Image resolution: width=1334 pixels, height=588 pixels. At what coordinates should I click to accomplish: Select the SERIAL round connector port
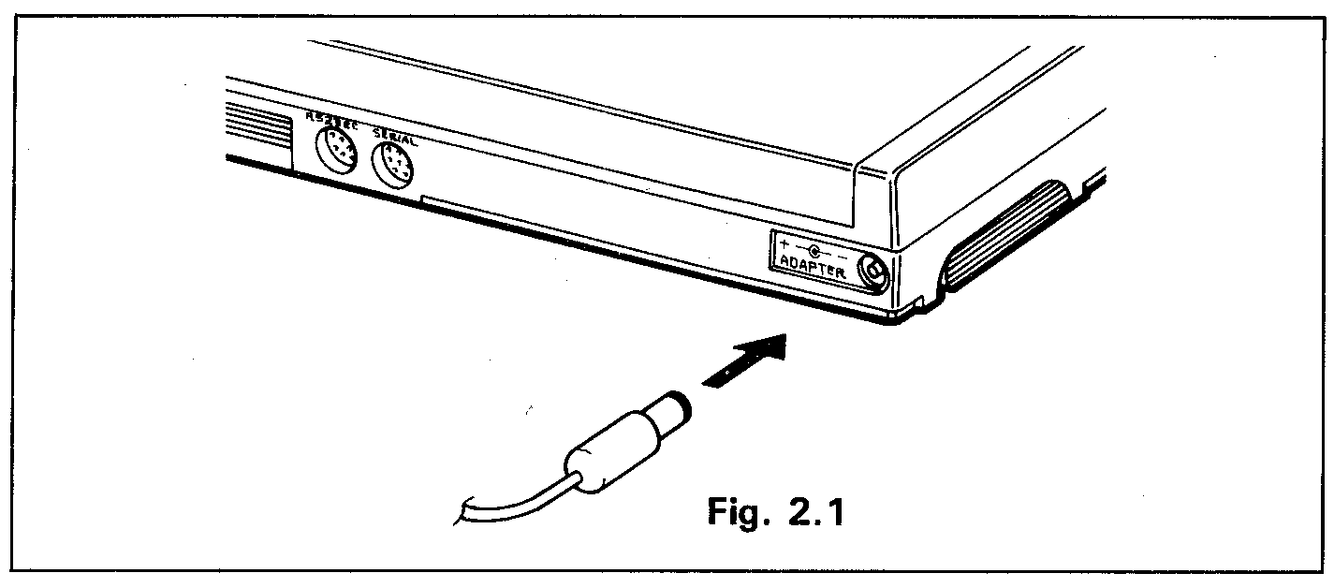pyautogui.click(x=393, y=169)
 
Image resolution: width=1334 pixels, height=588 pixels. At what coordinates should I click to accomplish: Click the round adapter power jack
pyautogui.click(x=873, y=272)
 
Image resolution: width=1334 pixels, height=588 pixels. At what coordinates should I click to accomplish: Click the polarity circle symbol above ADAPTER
pyautogui.click(x=814, y=251)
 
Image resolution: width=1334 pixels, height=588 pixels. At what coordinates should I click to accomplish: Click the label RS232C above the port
pyautogui.click(x=331, y=119)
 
